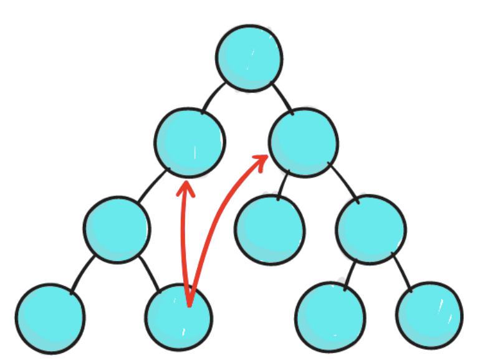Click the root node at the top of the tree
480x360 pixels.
click(249, 58)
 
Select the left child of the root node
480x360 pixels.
click(189, 143)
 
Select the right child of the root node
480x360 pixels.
click(304, 143)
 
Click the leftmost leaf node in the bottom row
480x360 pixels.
click(50, 318)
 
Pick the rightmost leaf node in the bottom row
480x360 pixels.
click(430, 315)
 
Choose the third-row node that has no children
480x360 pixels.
click(270, 229)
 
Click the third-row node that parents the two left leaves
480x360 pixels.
click(117, 229)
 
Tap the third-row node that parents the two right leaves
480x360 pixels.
click(370, 229)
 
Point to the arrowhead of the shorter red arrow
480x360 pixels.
click(186, 186)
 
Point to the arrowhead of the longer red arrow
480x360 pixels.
click(262, 159)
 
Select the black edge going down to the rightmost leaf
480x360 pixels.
click(403, 272)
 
